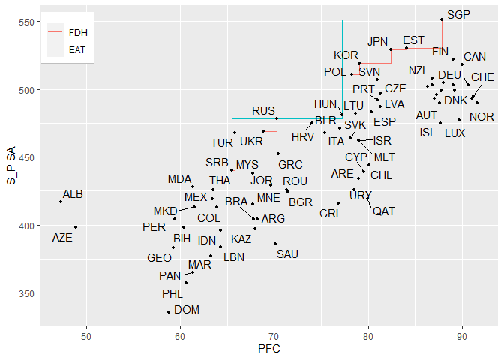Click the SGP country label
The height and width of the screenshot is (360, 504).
click(x=458, y=15)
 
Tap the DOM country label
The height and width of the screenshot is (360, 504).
click(x=187, y=309)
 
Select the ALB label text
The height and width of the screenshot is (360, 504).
click(x=73, y=194)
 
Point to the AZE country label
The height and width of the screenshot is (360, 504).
click(x=62, y=238)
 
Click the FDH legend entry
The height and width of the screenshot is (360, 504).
click(x=76, y=33)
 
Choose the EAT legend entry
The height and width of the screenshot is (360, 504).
click(x=76, y=51)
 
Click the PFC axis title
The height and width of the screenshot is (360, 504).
click(x=269, y=349)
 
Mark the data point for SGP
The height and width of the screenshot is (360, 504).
click(x=442, y=19)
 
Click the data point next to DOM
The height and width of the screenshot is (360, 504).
click(x=169, y=311)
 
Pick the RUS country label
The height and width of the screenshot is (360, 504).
click(x=263, y=111)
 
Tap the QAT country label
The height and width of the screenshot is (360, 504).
click(x=383, y=211)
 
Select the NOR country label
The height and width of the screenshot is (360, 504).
click(x=481, y=117)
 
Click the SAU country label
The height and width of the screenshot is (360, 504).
click(x=287, y=254)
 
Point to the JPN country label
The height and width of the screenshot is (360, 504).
click(x=379, y=42)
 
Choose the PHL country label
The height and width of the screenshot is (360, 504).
click(x=172, y=294)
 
